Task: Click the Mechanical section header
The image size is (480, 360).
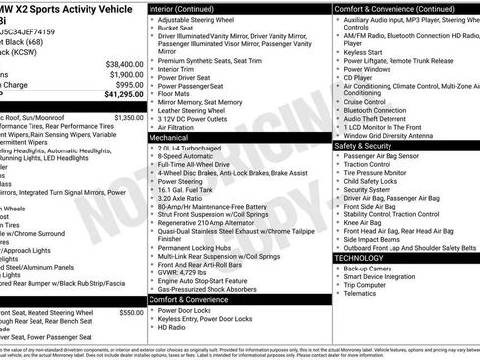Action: coord(170,138)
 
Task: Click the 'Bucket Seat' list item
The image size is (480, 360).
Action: coord(178,29)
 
